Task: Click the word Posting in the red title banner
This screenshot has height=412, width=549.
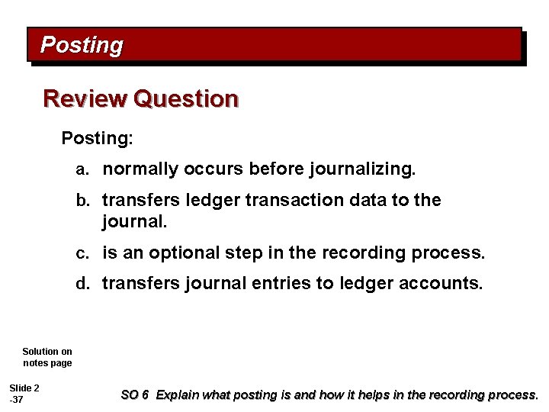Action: [x=81, y=46]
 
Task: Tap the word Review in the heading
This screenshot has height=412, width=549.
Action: [x=85, y=99]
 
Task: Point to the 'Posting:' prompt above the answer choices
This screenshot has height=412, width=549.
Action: [x=97, y=139]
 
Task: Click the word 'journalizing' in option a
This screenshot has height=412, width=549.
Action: [x=362, y=169]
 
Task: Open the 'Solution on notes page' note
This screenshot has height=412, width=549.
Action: [x=47, y=357]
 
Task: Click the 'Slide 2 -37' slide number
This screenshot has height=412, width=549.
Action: [x=24, y=394]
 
